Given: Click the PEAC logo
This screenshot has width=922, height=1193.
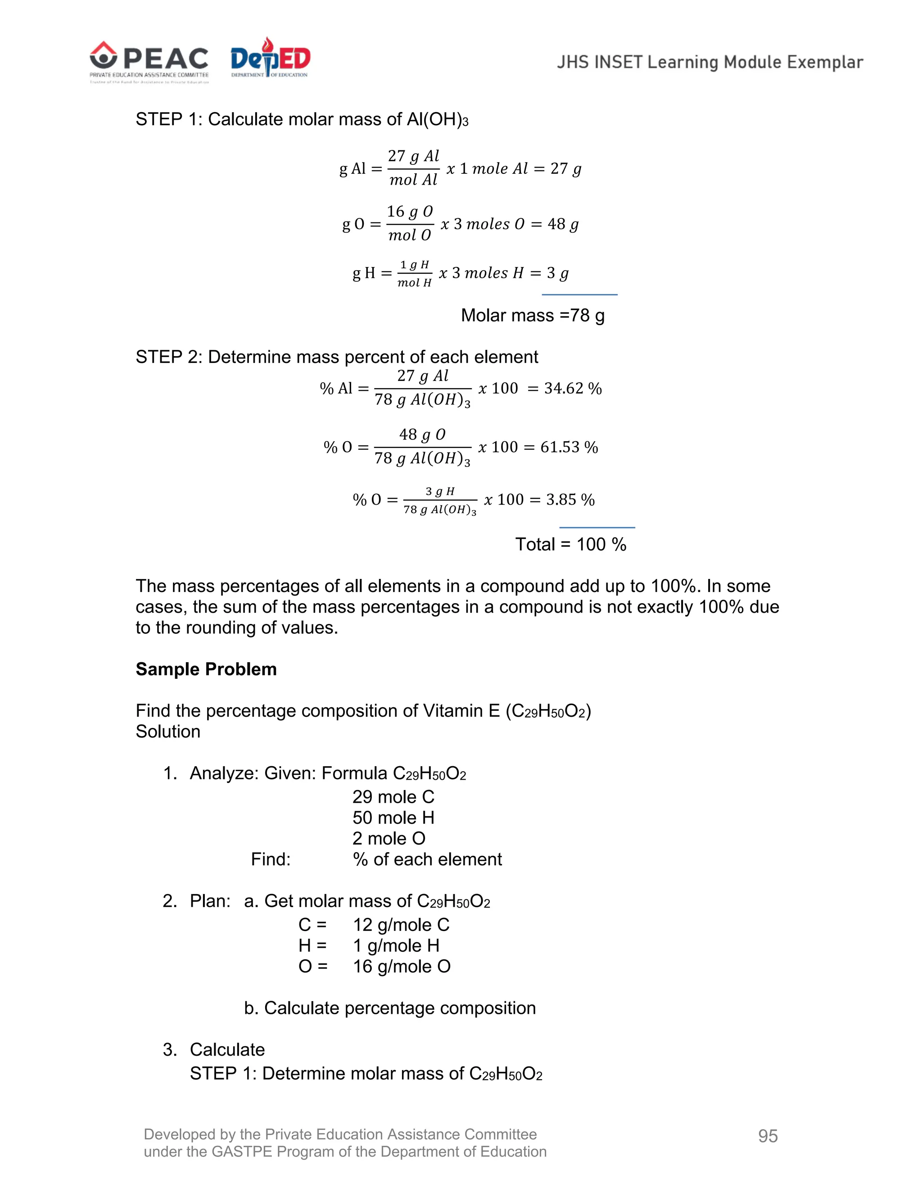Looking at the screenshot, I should [x=149, y=61].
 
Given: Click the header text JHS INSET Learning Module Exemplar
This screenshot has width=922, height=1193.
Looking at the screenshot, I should [x=710, y=62].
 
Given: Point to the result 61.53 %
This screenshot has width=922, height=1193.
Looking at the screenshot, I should [x=569, y=447].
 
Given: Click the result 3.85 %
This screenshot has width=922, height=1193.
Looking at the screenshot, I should [x=570, y=499].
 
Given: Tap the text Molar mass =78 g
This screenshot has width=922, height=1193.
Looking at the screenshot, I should [x=533, y=315].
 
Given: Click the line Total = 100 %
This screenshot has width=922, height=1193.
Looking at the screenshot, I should [x=571, y=544].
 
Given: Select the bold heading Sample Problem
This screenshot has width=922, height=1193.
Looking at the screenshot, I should [x=206, y=669].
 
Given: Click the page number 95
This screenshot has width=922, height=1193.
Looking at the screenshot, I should [x=768, y=1136].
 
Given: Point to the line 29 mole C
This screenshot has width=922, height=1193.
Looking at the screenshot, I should [x=393, y=797].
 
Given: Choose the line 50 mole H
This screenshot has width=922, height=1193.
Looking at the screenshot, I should [x=393, y=818].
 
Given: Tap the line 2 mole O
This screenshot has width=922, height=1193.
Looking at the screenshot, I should [x=389, y=839].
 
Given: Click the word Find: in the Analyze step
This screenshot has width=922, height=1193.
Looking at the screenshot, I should [x=271, y=859].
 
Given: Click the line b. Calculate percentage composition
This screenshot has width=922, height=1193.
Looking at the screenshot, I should [x=389, y=1008].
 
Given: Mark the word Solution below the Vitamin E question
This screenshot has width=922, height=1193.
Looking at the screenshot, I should [x=167, y=732].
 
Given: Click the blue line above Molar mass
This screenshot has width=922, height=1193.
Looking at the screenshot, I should [x=579, y=294].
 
